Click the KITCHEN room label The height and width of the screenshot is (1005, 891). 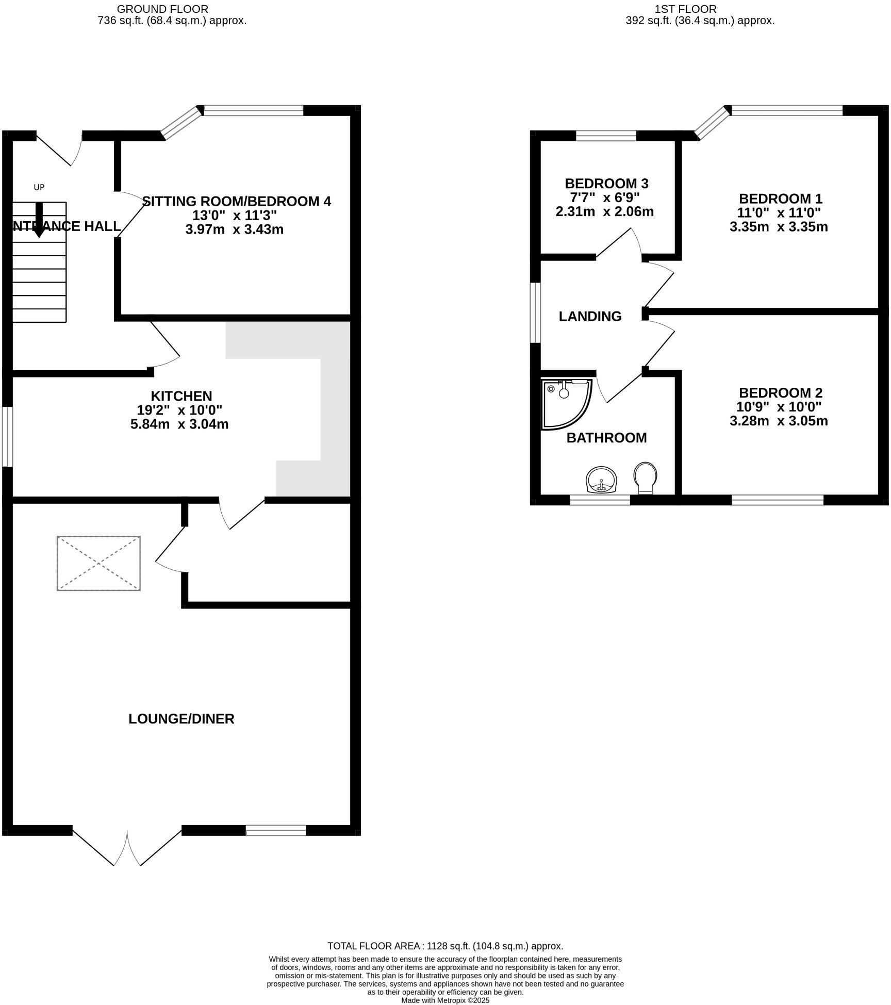[x=181, y=396]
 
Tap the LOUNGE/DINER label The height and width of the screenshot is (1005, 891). [x=181, y=719]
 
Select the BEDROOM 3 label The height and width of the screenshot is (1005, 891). [x=606, y=184]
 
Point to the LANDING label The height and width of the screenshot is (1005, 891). [x=590, y=316]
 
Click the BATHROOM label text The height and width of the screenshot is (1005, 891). [x=606, y=438]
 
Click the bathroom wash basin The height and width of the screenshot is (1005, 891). [x=601, y=480]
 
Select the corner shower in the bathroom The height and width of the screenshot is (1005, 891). [x=566, y=404]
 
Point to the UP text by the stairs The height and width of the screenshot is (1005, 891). [x=39, y=187]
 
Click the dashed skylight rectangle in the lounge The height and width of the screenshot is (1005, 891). [x=98, y=563]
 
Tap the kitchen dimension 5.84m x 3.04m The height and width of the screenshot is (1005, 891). [x=179, y=424]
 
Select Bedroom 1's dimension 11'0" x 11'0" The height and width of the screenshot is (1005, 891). [x=779, y=212]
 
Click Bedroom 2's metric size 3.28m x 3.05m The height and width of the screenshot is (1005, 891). [x=779, y=421]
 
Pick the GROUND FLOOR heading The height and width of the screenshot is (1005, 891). [x=162, y=9]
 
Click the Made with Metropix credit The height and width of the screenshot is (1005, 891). [x=445, y=1000]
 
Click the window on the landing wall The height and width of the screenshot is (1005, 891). [x=536, y=312]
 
